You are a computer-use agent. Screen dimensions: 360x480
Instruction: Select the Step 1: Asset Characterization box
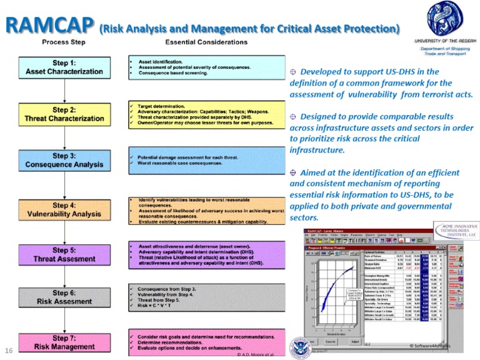pos(64,67)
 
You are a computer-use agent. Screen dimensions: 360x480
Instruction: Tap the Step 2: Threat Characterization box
pos(64,114)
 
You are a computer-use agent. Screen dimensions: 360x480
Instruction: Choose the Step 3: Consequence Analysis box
pos(64,161)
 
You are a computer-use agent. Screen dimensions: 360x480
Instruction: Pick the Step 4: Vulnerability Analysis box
pos(64,209)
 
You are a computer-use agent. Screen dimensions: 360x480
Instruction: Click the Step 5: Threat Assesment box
pos(64,255)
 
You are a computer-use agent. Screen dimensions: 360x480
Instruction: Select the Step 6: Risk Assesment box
pos(64,297)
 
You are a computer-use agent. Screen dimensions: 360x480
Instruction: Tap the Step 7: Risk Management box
pos(64,342)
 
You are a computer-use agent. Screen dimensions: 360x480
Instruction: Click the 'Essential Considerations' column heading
pos(200,42)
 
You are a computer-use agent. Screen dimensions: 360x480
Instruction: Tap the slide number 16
pos(9,349)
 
